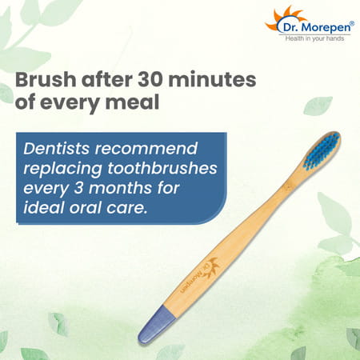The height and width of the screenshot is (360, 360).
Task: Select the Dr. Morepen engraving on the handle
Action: point(203,276)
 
